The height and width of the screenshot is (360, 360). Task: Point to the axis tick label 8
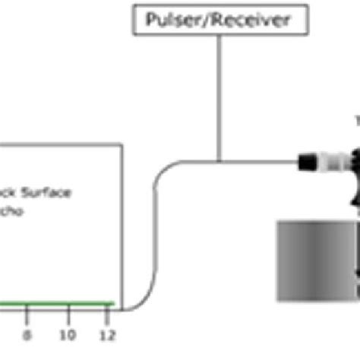(x=28, y=335)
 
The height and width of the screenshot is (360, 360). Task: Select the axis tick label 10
(x=68, y=335)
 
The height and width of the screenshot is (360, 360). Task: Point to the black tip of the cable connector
(x=305, y=161)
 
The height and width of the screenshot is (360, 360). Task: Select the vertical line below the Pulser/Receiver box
(x=219, y=99)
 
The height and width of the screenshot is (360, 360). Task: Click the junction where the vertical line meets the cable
(x=219, y=161)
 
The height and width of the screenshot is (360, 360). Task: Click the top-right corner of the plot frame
(x=122, y=144)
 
